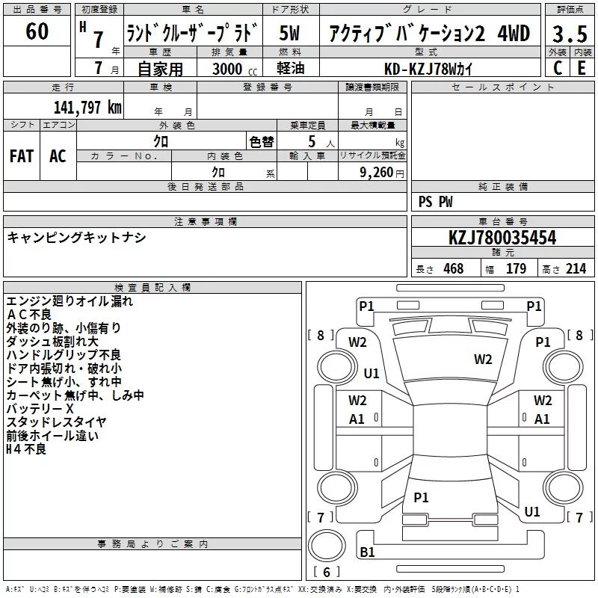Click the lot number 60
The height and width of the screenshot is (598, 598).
[37, 32]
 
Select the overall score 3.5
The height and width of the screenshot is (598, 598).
[569, 34]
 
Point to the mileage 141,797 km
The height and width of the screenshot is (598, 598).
[87, 108]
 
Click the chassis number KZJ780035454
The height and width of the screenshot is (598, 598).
[502, 238]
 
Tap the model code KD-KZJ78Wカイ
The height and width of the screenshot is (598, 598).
[428, 68]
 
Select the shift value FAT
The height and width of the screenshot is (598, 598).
[21, 156]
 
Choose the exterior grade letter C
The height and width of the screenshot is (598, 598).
[557, 68]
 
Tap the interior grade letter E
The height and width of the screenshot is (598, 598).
[582, 68]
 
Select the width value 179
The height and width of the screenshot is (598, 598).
[516, 269]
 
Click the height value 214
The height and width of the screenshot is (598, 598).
[576, 269]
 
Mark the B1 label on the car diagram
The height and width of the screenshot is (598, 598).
[368, 552]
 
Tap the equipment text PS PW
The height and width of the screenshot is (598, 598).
[435, 202]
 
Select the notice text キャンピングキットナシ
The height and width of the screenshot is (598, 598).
[76, 238]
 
